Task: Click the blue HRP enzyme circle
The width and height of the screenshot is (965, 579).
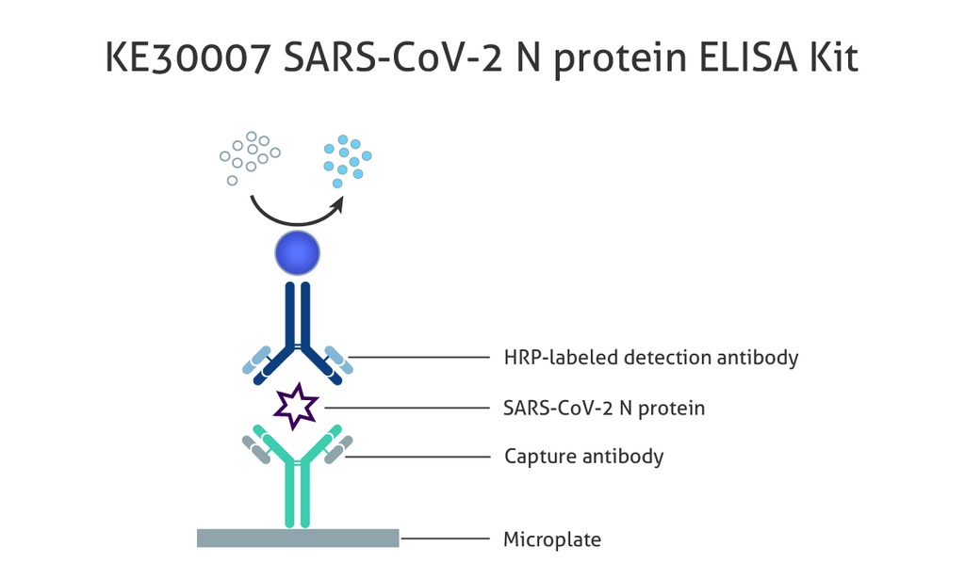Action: [x=298, y=254]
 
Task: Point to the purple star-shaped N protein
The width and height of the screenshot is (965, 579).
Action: [x=297, y=406]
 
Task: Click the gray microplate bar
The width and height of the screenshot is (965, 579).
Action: [x=298, y=539]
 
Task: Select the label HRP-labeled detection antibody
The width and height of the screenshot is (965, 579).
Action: [x=651, y=358]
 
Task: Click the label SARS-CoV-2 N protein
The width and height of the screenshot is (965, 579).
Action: [x=604, y=409]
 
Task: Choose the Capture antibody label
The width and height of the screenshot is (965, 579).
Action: [x=583, y=457]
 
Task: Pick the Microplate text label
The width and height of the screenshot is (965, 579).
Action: [x=552, y=539]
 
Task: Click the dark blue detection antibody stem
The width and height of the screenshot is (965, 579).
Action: [x=298, y=315]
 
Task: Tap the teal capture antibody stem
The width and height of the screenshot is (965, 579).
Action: [x=298, y=497]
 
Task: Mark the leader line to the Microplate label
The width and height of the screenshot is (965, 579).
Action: [x=449, y=539]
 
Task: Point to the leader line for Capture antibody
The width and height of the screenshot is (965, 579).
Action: [x=418, y=457]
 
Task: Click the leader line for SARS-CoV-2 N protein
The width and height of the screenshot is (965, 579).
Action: [x=405, y=408]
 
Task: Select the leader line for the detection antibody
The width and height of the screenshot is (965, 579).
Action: [x=418, y=358]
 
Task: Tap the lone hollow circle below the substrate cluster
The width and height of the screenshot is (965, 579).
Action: [x=232, y=180]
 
